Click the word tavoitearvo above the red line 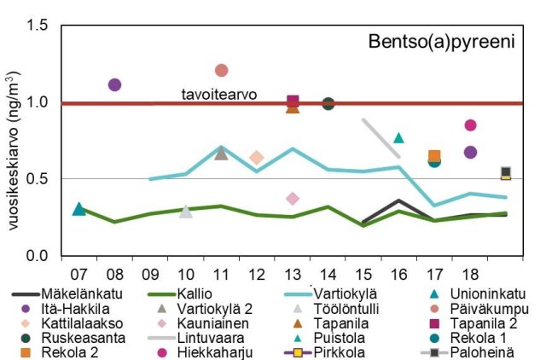point(219,94)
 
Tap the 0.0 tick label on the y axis point(37,256)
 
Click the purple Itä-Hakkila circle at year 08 point(114,84)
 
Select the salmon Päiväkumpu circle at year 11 point(222,70)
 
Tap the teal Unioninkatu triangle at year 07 point(79,209)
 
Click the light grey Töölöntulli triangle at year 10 point(186,211)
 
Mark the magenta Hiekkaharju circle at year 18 point(470,125)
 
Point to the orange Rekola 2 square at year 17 point(434,156)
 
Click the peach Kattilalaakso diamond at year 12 point(257,158)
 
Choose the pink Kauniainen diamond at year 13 point(293,199)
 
